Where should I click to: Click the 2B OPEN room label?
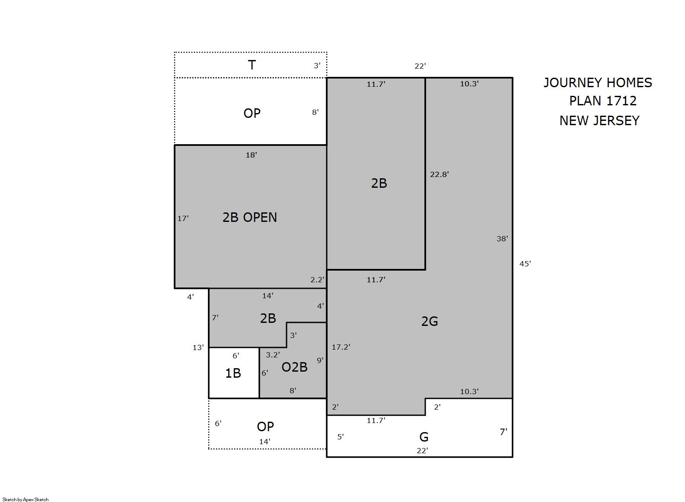249,218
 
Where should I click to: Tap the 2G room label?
429,321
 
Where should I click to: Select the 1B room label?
233,373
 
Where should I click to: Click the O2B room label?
294,367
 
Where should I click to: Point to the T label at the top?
252,65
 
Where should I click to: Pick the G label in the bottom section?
424,437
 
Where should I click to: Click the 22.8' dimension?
440,174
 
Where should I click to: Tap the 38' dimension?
502,239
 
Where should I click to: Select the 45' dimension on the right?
525,264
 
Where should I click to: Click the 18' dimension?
251,155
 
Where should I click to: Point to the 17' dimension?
183,218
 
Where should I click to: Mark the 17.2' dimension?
341,347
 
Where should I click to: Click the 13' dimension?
198,347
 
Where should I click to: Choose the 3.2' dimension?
273,355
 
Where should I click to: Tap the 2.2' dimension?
317,280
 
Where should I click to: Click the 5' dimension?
341,437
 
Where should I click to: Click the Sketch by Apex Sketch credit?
25,499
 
